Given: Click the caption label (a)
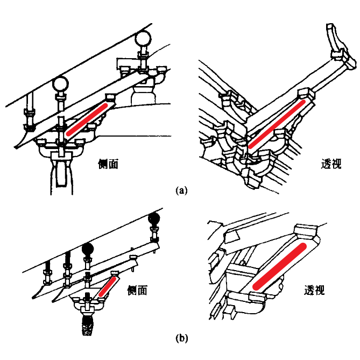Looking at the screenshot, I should click(x=181, y=190).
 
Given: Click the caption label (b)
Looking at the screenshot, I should click(x=181, y=338).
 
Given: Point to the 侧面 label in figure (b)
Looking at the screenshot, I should click(x=137, y=291).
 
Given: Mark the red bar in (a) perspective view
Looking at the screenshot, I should click(x=278, y=121).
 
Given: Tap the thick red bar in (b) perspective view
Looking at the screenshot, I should click(x=280, y=265).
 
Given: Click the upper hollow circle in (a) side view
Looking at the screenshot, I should click(x=144, y=39).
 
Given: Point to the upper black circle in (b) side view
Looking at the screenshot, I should click(x=155, y=218).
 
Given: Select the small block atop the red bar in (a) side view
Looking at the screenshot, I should click(x=112, y=97).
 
